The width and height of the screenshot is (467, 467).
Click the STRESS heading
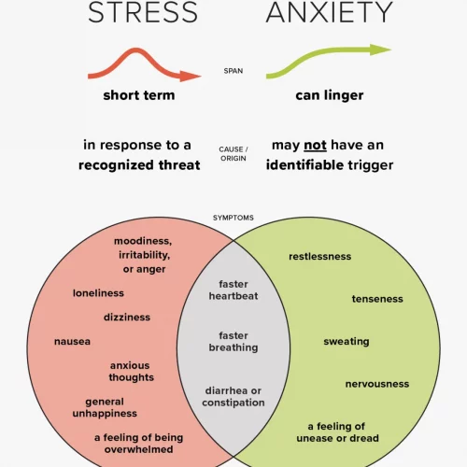143,12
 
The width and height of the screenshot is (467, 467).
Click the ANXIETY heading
330,12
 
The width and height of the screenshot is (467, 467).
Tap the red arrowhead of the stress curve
191,76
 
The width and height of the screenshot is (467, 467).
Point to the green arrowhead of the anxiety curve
380,50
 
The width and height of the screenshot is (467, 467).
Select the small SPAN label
233,71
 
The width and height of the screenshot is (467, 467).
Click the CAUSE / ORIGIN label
233,154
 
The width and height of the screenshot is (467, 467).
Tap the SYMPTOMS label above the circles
233,218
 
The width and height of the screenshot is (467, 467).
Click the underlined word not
315,146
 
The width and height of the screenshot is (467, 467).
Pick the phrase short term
139,95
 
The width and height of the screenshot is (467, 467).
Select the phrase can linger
330,95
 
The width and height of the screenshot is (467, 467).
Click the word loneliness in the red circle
98,293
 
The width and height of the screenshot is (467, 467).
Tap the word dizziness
127,318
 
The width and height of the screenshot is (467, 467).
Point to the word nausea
72,342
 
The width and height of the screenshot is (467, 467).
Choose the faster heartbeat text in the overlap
233,290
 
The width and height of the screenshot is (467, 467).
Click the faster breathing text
233,342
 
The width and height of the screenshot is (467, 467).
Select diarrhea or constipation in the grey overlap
233,397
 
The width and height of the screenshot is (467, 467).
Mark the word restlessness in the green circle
320,257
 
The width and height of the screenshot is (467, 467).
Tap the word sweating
347,342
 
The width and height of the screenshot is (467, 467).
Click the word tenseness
377,299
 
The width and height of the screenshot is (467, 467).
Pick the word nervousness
377,384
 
